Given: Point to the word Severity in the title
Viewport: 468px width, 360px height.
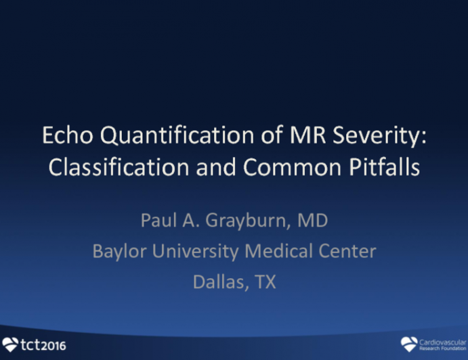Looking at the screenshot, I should pos(360,136).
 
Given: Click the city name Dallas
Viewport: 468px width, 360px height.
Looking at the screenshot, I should pos(217,281).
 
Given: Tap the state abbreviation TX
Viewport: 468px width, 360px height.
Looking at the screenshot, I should pos(264,281).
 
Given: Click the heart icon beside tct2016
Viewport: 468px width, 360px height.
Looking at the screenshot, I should pos(11,344).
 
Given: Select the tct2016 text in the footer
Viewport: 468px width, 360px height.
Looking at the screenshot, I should pos(43,345).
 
